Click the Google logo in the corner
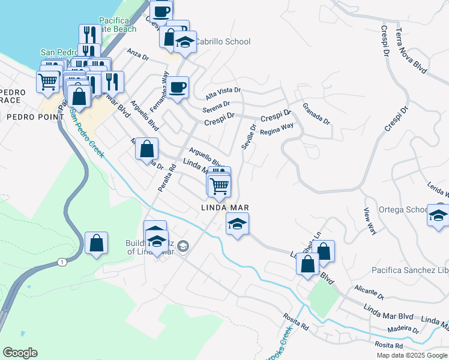[x=20, y=353]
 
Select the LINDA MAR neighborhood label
[x=224, y=208]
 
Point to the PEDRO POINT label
[x=26, y=117]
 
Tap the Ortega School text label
[x=403, y=210]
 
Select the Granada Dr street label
[x=316, y=113]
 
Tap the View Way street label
[x=370, y=221]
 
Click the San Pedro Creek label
[x=86, y=133]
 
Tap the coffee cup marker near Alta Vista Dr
[x=178, y=88]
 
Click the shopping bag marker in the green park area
[x=96, y=243]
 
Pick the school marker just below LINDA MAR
[x=237, y=224]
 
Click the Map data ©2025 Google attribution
[x=411, y=355]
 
